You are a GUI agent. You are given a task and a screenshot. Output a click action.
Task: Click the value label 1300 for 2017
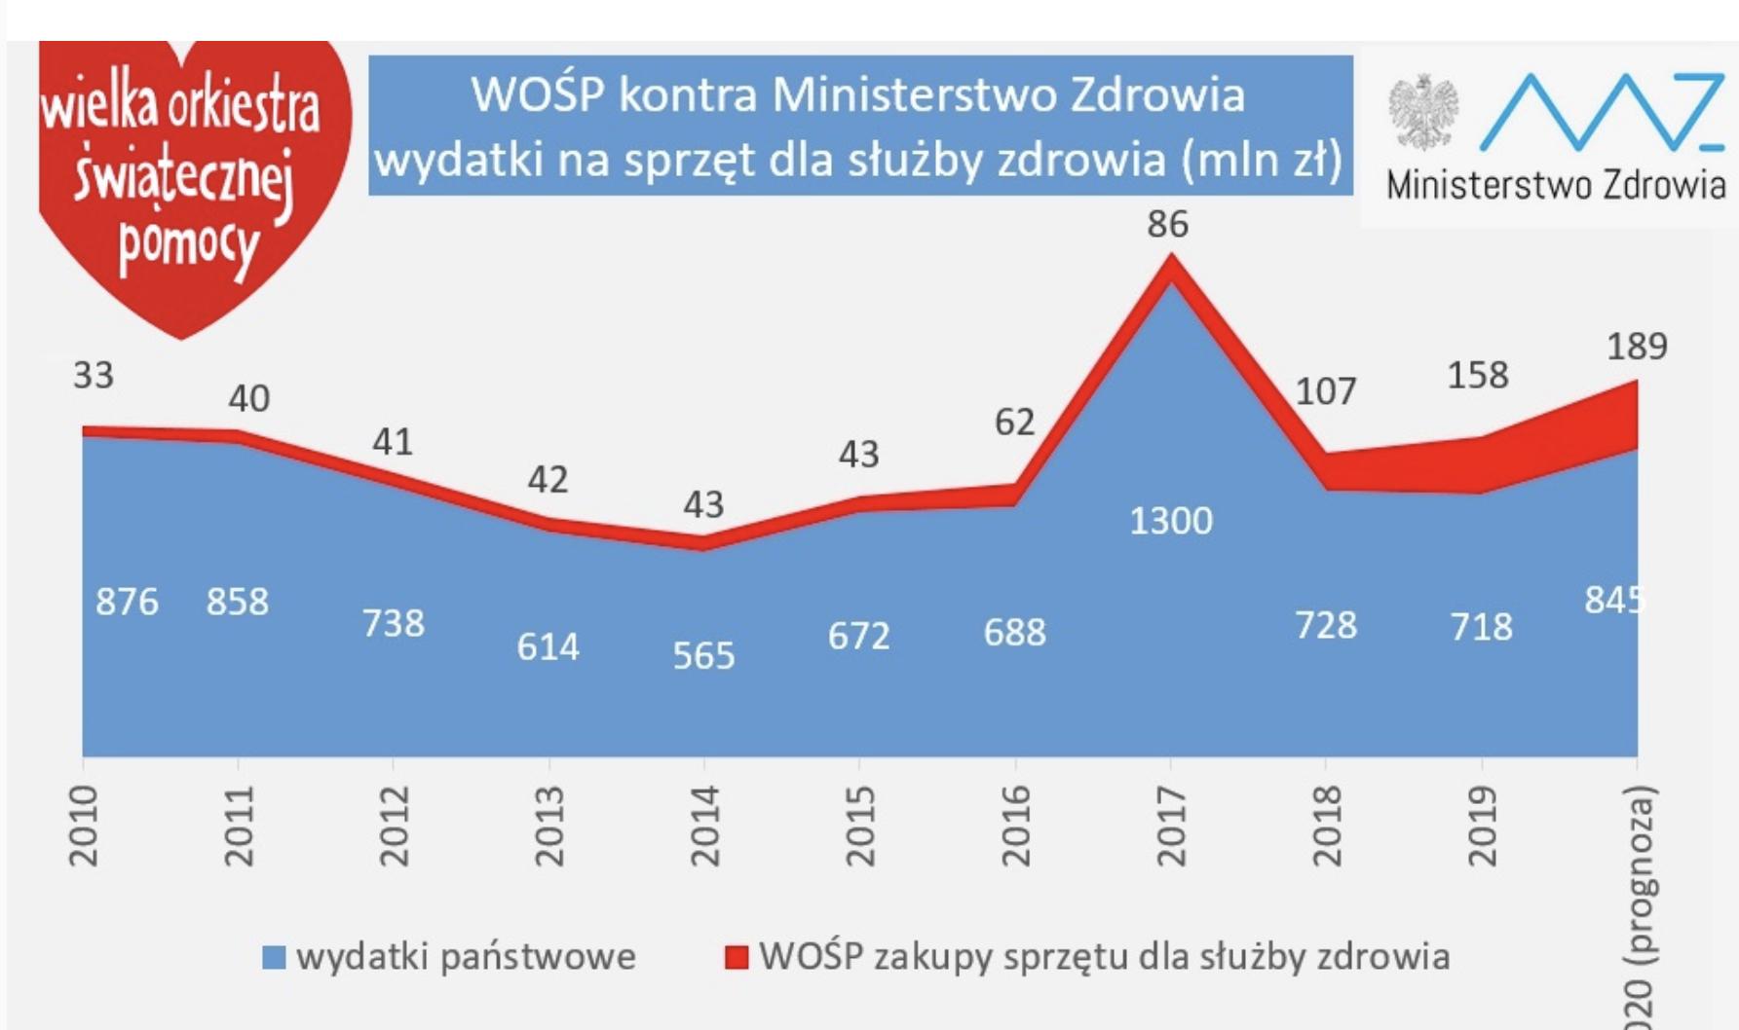click(x=1171, y=522)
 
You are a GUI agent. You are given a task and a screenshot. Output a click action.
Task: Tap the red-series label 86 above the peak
click(x=1167, y=225)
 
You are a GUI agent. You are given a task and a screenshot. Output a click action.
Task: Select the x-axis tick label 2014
click(x=704, y=826)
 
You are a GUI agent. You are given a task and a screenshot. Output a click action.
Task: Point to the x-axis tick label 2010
click(x=84, y=826)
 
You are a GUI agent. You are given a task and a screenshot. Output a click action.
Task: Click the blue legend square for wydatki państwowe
click(x=274, y=958)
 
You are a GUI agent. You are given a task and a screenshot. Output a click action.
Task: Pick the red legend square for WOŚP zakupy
click(x=737, y=958)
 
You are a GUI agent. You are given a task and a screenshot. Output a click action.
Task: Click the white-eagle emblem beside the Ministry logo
click(x=1423, y=113)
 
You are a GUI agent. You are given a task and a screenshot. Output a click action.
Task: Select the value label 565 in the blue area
click(x=703, y=656)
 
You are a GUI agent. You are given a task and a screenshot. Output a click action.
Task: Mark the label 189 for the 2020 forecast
click(x=1637, y=347)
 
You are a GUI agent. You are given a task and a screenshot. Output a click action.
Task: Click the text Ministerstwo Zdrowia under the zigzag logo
click(x=1556, y=185)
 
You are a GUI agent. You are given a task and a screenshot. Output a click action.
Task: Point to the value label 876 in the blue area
click(x=127, y=602)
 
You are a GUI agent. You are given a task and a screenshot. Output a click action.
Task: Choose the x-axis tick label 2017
click(x=1170, y=826)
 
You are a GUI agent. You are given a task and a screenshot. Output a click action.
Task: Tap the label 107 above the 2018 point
click(x=1325, y=391)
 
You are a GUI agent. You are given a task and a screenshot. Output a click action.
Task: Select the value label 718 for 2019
click(x=1481, y=627)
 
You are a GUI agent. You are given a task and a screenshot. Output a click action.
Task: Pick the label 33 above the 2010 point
click(x=94, y=376)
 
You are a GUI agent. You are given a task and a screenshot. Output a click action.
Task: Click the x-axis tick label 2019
click(x=1482, y=826)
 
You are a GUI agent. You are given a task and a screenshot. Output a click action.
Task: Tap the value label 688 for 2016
click(x=1014, y=633)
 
